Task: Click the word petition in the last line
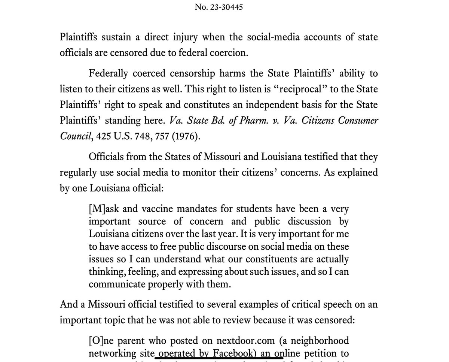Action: pos(331,354)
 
